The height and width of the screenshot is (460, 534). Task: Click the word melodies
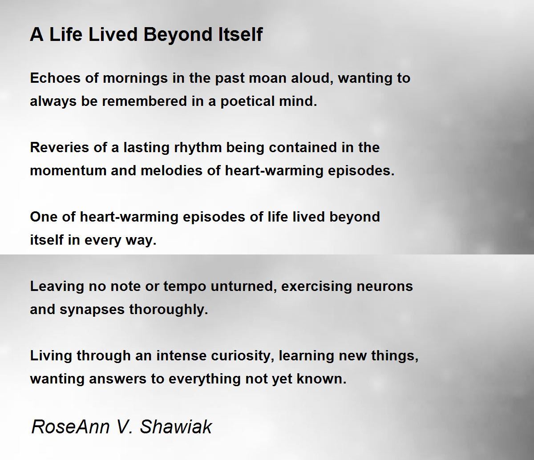[171, 170]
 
